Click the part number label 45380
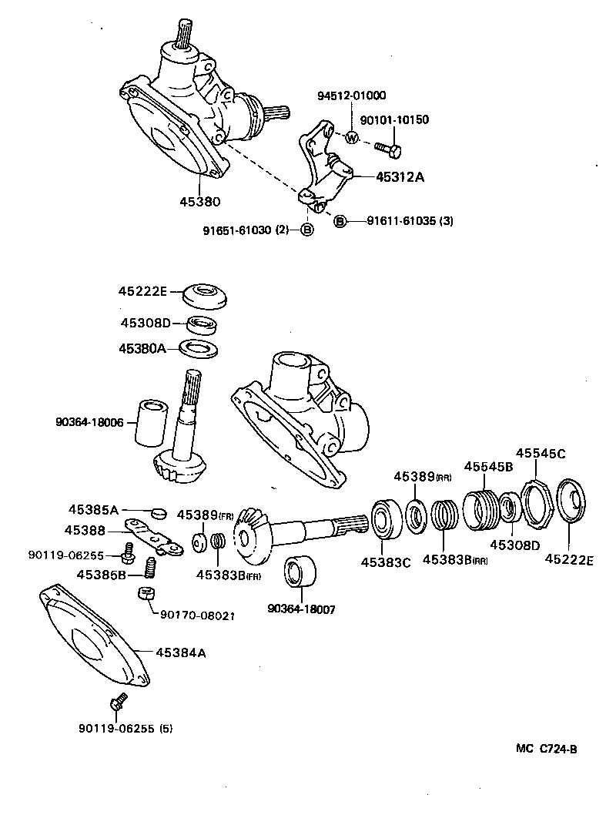click(x=200, y=202)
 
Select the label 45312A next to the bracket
click(x=400, y=176)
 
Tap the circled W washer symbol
click(x=351, y=139)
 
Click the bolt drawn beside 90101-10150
click(x=387, y=146)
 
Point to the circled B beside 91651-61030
click(x=306, y=230)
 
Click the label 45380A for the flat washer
click(x=142, y=348)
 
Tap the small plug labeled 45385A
click(x=159, y=512)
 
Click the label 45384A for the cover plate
click(x=180, y=652)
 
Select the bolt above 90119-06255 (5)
click(x=118, y=703)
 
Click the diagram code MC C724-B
click(x=547, y=747)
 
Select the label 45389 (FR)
click(x=205, y=515)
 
